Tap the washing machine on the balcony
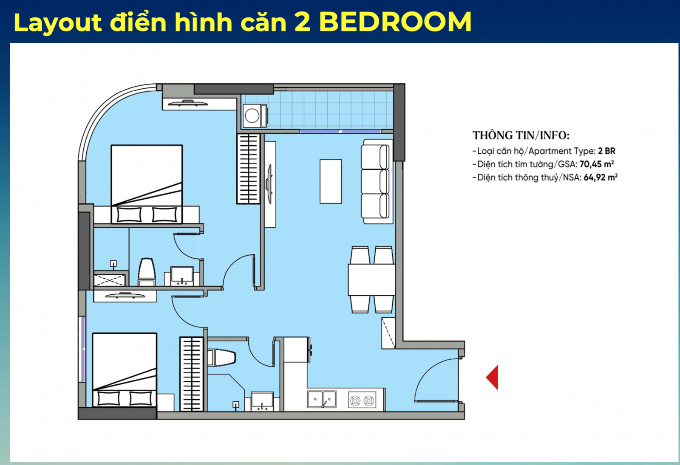click(255, 116)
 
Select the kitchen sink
click(322, 399)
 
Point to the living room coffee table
click(331, 181)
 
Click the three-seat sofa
click(377, 181)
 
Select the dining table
click(371, 279)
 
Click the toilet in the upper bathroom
click(147, 272)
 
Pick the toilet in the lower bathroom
click(221, 357)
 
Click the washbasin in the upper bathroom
click(182, 276)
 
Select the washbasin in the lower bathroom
click(262, 402)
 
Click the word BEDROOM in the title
click(395, 22)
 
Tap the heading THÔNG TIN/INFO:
click(521, 135)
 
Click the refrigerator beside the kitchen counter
click(297, 349)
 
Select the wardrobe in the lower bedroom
click(192, 374)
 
